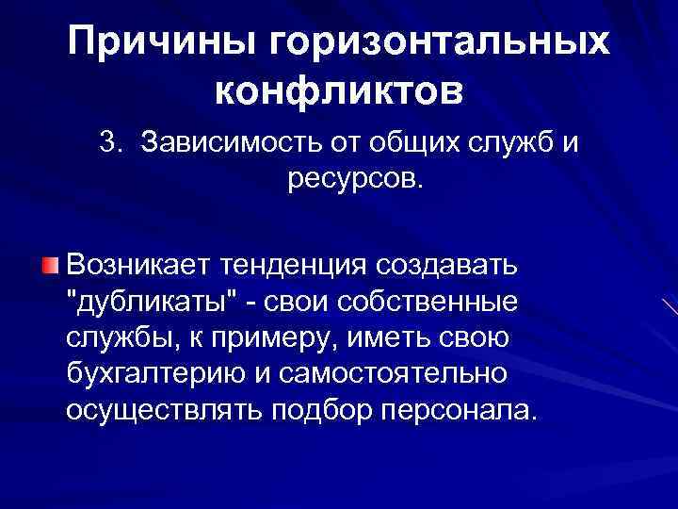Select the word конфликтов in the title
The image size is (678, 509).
pyautogui.click(x=339, y=91)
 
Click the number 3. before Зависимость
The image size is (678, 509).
pyautogui.click(x=114, y=144)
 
